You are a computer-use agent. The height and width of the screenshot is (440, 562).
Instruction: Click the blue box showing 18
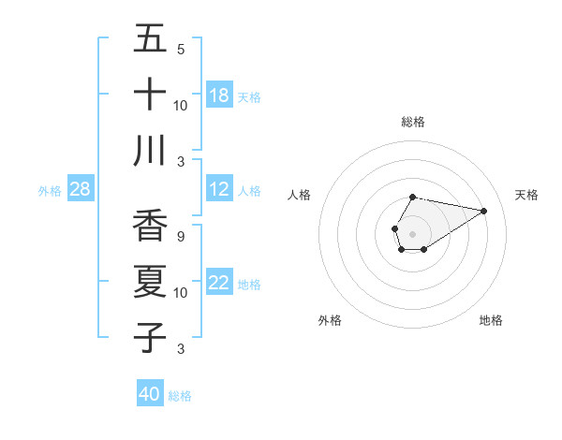point(219,95)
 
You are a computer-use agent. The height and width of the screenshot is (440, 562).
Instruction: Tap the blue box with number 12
point(219,189)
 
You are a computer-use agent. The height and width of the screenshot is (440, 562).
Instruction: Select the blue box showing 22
point(219,283)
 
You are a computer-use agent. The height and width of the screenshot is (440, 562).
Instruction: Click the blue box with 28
point(81,189)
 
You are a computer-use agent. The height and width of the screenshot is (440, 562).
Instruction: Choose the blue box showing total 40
point(150,394)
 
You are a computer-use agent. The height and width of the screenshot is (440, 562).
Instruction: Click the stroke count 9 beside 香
point(181,237)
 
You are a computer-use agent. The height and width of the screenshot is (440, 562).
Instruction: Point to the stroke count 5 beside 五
point(181,49)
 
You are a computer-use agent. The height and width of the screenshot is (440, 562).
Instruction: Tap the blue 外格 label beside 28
point(50,190)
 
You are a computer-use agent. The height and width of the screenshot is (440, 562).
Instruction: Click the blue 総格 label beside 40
point(180,396)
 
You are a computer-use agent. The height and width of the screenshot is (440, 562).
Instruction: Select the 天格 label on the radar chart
point(526,195)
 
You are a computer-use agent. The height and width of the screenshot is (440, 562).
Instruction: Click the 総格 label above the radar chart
point(413,122)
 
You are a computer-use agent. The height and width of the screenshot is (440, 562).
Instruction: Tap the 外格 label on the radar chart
point(330,320)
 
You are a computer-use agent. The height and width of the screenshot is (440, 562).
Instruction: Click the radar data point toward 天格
point(484,211)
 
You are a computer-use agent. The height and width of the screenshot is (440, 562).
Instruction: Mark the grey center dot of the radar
point(412,232)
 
